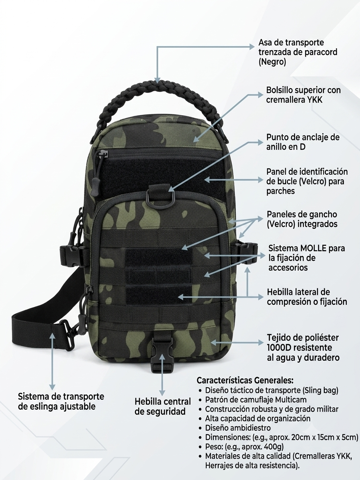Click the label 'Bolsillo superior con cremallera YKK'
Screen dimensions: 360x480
coord(303,94)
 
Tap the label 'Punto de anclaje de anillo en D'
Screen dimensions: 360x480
coord(303,142)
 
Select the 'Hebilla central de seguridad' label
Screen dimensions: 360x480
coord(163,406)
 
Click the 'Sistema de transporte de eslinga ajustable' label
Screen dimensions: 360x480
coord(61,401)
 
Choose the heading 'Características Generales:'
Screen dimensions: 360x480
coord(245,380)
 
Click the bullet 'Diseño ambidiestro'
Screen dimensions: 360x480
coord(238,428)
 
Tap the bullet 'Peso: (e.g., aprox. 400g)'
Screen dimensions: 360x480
coord(244,446)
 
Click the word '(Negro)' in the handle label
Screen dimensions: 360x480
coord(272,62)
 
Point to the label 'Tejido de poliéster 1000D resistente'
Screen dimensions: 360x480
coord(303,343)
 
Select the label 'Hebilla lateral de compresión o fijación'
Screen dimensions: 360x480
coord(307,296)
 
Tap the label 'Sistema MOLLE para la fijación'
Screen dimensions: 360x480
coord(307,253)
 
